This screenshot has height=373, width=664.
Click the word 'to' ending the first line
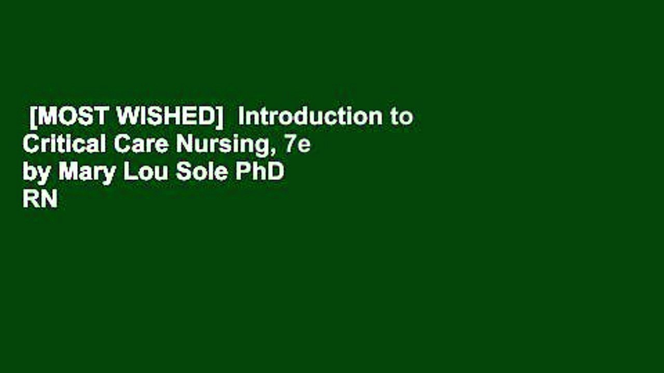pyautogui.click(x=402, y=118)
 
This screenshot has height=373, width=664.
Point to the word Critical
pyautogui.click(x=64, y=145)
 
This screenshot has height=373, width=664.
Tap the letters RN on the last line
pyautogui.click(x=39, y=199)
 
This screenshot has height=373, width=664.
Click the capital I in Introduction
pyautogui.click(x=241, y=118)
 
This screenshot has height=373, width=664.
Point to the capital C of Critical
pyautogui.click(x=31, y=145)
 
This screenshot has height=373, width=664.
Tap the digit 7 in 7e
pyautogui.click(x=290, y=145)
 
